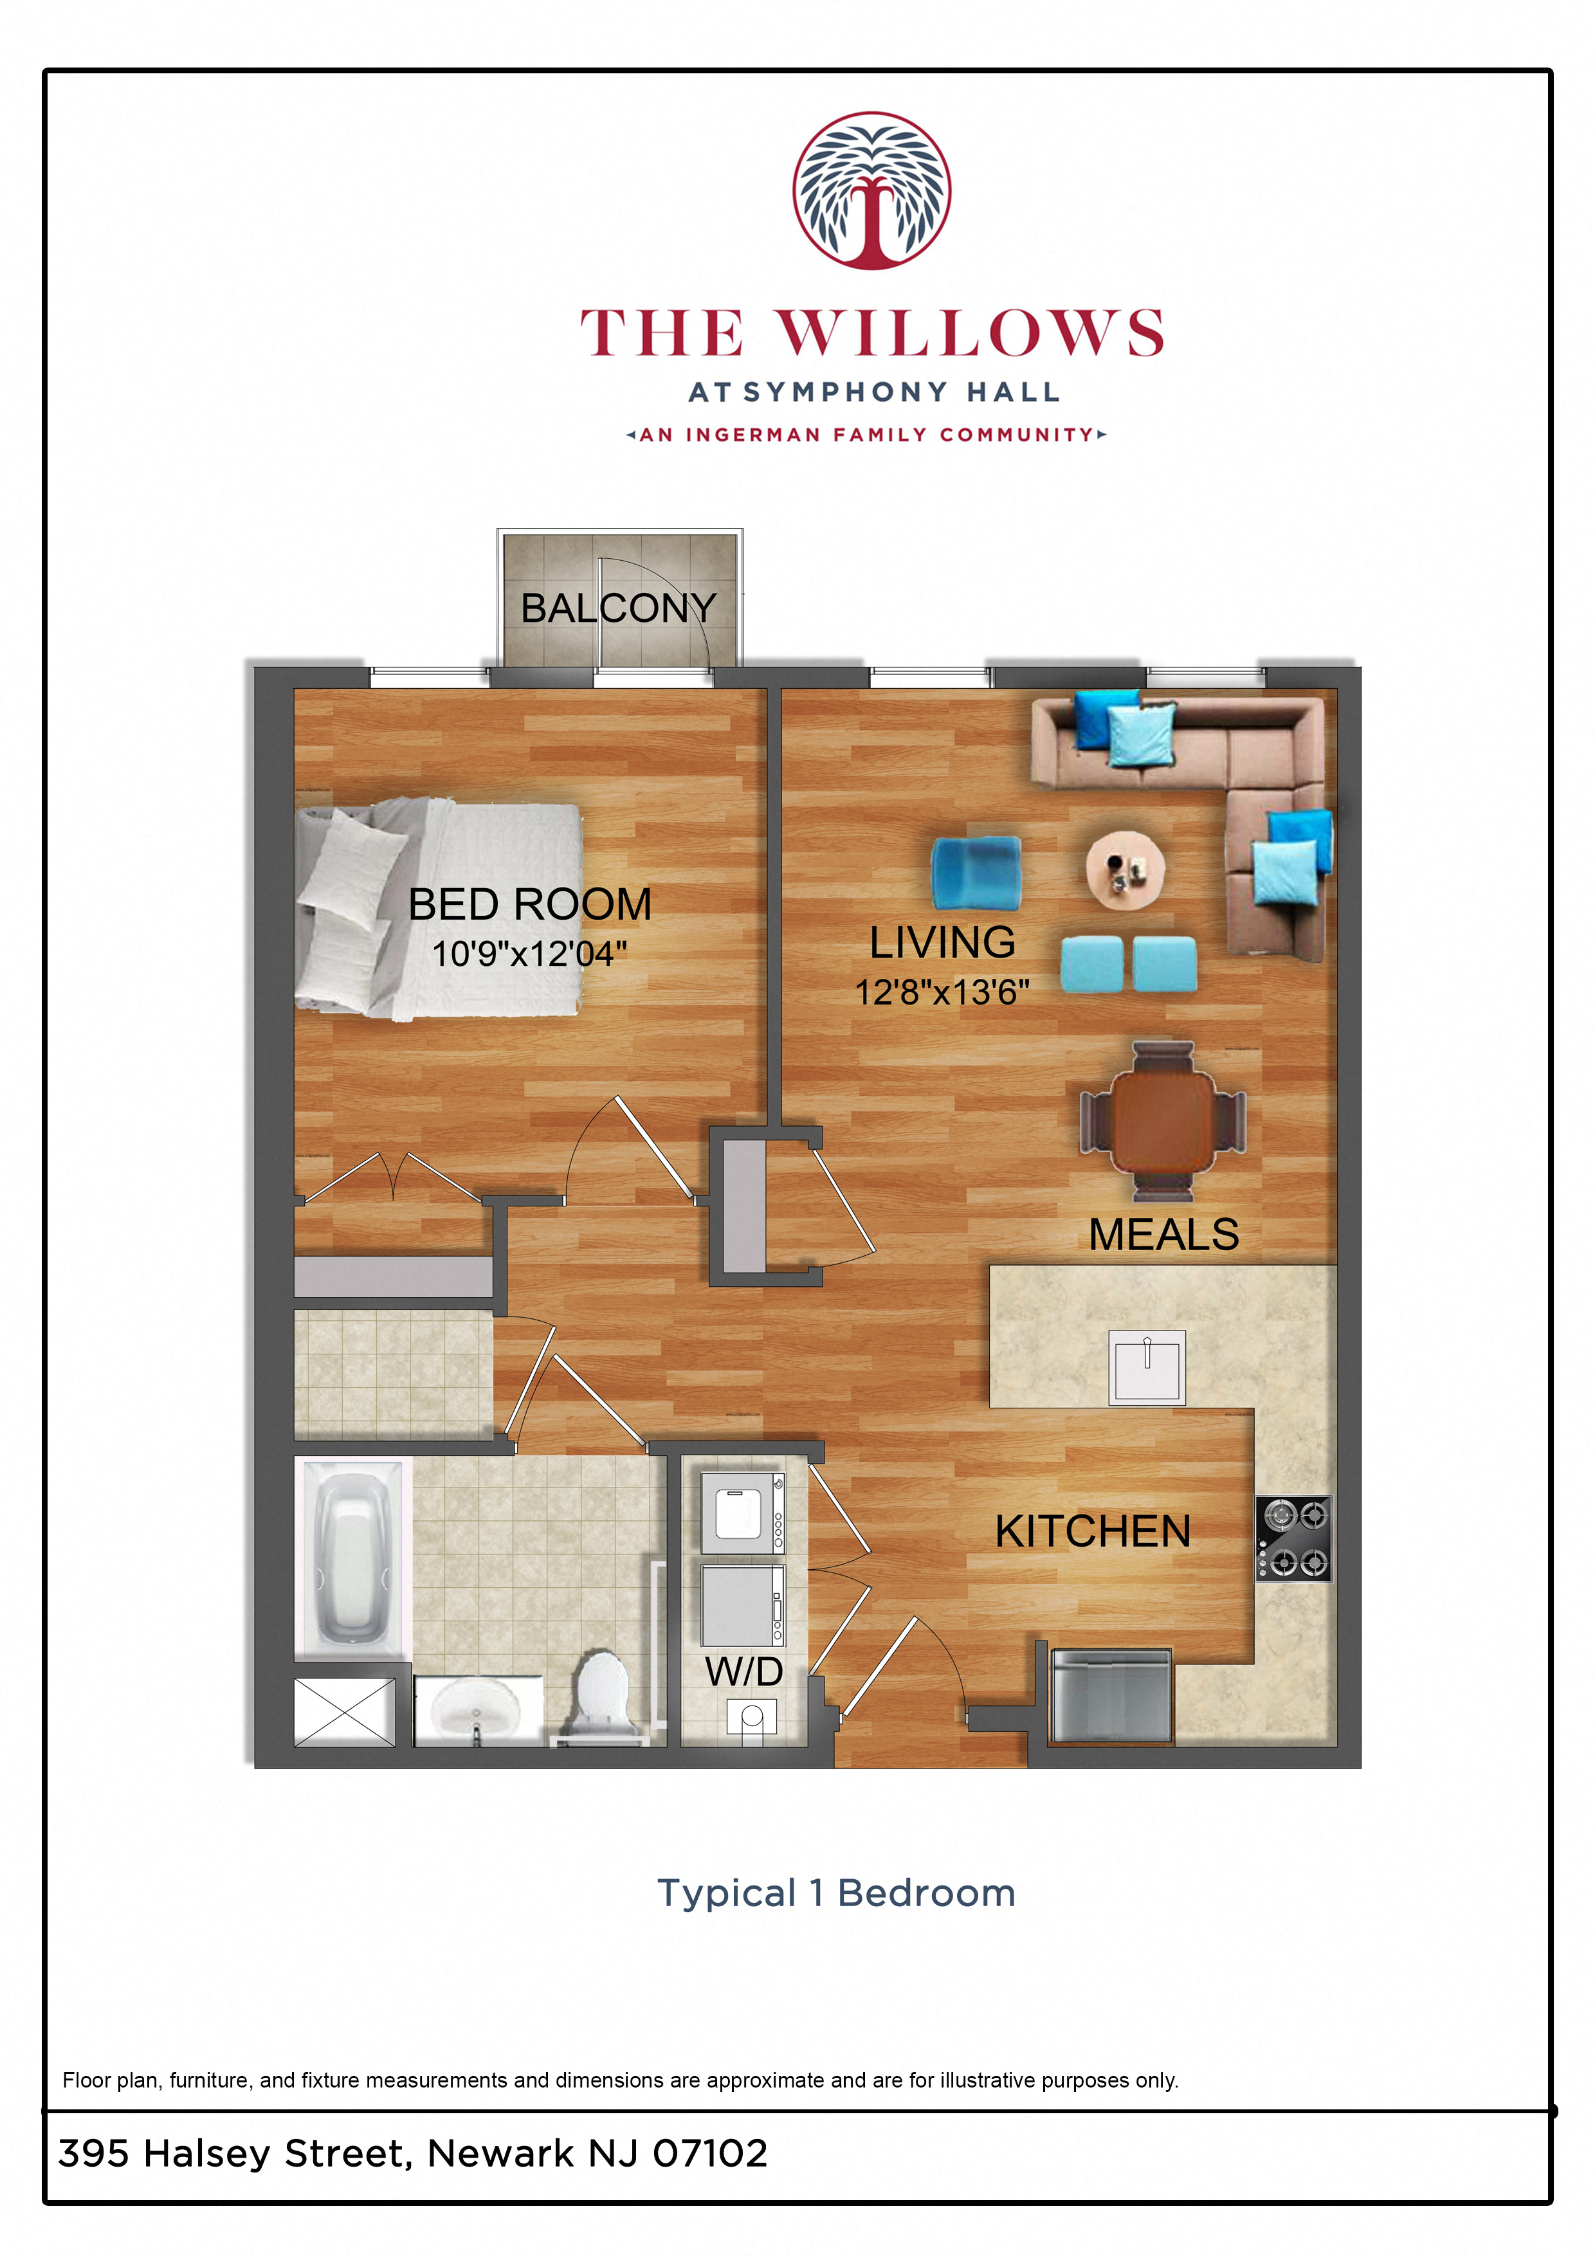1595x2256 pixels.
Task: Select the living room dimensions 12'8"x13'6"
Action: pos(942,992)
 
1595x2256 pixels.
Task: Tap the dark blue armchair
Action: pos(975,871)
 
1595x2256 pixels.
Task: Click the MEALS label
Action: pos(1163,1234)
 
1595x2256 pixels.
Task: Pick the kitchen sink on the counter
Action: pos(1146,1367)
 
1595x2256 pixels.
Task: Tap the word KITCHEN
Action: pos(1092,1531)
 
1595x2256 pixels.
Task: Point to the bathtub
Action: pos(351,1558)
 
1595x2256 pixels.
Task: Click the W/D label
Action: pos(743,1671)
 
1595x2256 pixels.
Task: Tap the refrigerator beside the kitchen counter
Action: pos(1111,1696)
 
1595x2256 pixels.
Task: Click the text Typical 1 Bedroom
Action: pos(835,1893)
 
